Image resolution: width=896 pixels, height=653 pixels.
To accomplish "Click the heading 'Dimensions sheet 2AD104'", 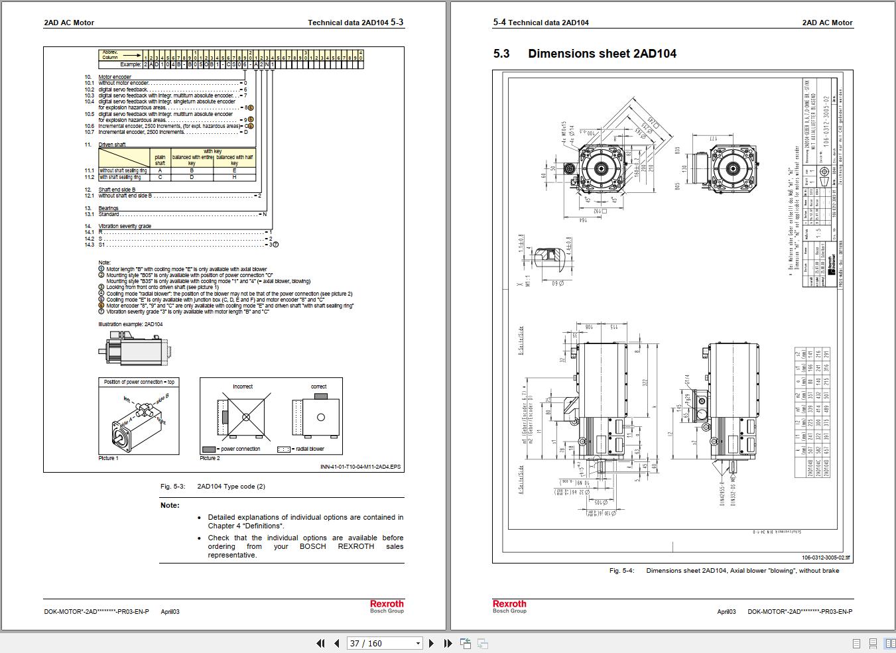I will point(602,54).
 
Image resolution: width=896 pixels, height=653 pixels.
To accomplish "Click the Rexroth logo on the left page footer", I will point(387,604).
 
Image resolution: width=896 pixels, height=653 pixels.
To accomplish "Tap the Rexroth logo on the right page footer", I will point(509,604).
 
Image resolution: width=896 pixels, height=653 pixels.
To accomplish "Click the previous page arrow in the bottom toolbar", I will point(336,643).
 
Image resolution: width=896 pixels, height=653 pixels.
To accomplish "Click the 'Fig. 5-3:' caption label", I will point(172,487).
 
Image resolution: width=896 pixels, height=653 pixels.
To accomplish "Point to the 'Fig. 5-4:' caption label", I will point(621,571).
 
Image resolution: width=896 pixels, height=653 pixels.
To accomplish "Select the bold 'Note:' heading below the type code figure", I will point(170,505).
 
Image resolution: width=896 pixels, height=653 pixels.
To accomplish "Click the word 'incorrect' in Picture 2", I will point(243,386).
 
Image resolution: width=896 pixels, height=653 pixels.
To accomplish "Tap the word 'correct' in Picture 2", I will point(318,386).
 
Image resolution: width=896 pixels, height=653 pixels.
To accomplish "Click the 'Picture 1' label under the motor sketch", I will point(108,458).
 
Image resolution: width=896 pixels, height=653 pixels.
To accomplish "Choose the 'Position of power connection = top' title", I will point(139,383).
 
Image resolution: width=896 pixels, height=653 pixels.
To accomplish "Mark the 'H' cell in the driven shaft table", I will point(234,177).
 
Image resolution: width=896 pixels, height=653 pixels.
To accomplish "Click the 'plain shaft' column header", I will point(160,160).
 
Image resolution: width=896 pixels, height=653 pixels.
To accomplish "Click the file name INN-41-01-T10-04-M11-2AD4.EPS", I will point(360,467).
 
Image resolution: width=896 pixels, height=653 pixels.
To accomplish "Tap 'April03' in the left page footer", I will point(170,612).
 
